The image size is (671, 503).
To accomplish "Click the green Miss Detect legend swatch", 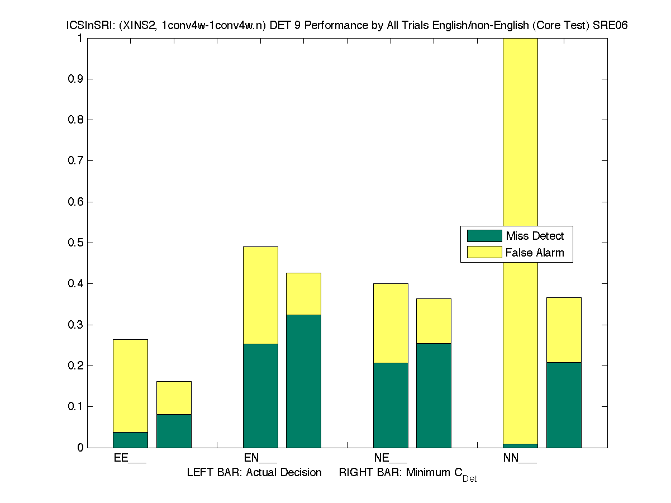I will pos(484,236).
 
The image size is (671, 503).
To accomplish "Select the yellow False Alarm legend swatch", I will pos(484,252).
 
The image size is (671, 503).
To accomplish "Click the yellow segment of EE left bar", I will pos(130,386).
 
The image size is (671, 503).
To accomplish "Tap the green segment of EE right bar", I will pos(174,431).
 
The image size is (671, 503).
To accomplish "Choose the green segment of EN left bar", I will pos(260,396).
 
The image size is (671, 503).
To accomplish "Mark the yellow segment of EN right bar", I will pos(303,294).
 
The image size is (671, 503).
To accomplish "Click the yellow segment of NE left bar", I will pos(391,323).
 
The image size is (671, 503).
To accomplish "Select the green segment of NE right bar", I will pos(434,396).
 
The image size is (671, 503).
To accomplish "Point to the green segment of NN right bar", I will pos(564,405).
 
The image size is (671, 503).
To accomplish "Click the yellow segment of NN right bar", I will pos(564,330).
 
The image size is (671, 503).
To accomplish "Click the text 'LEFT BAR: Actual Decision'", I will pos(254,473).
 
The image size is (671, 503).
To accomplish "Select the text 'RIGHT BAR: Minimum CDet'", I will pos(407,473).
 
